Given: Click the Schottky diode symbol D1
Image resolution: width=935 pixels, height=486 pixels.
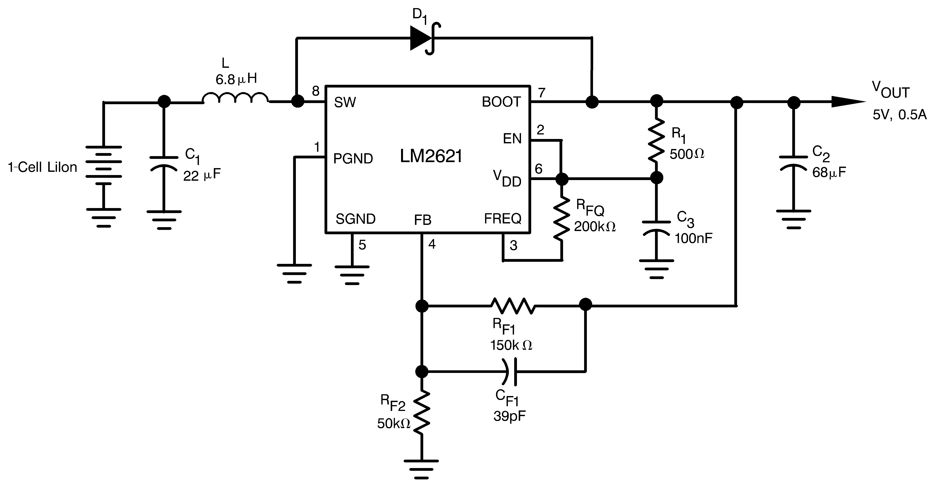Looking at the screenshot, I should click(x=423, y=38).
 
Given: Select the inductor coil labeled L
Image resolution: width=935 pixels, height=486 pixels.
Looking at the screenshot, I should click(x=235, y=98).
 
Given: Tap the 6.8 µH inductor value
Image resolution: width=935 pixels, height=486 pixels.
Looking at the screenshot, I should click(x=236, y=79).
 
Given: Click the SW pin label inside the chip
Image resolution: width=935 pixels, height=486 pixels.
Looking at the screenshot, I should click(x=345, y=103).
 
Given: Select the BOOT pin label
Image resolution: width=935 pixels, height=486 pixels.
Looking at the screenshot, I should click(x=501, y=102).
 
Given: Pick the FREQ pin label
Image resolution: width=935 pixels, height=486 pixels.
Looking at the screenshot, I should click(x=503, y=219).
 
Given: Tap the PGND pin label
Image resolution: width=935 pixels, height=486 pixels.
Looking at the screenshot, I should click(x=353, y=159).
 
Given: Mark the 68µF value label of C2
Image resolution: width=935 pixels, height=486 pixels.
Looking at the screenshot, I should click(x=829, y=173).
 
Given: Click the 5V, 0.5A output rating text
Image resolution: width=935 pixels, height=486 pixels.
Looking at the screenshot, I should click(x=899, y=115).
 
